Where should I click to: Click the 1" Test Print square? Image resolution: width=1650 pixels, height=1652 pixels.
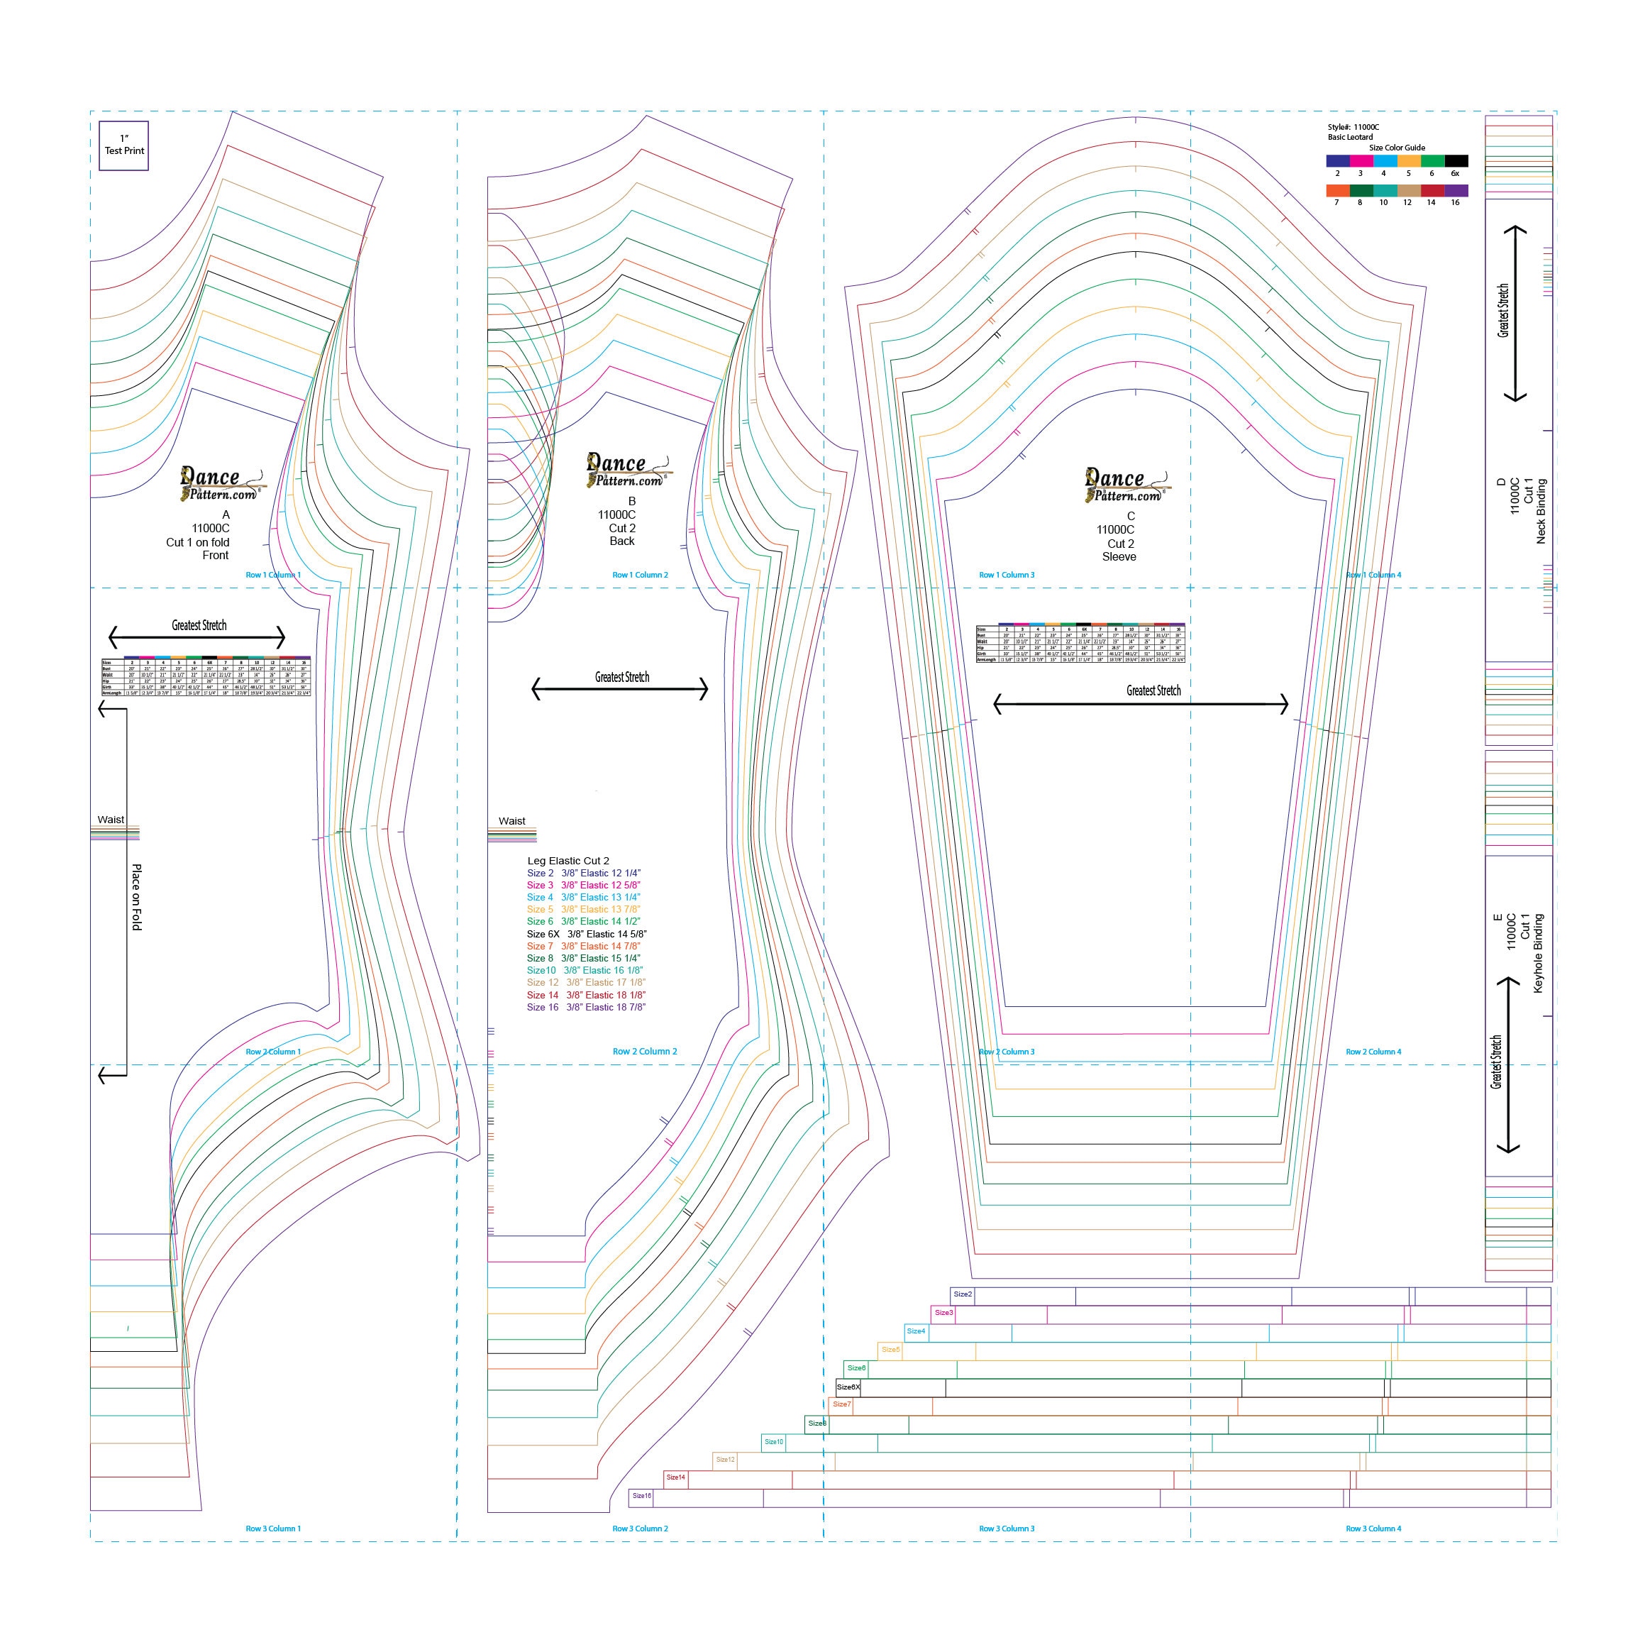(x=124, y=145)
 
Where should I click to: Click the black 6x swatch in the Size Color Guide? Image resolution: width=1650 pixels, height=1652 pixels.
(x=1456, y=161)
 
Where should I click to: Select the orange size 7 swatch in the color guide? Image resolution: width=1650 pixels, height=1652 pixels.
(x=1338, y=191)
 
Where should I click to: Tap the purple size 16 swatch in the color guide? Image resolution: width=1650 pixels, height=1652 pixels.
(x=1456, y=191)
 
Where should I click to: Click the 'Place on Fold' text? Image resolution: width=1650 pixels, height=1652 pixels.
(x=137, y=897)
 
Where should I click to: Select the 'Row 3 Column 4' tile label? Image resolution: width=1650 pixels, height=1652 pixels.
(x=1373, y=1528)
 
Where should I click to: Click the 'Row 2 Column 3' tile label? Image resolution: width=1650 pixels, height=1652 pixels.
(x=1006, y=1052)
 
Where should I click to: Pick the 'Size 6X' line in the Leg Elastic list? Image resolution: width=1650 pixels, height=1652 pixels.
(x=587, y=934)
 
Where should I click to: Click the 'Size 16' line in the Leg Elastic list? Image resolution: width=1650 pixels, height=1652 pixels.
(x=586, y=1007)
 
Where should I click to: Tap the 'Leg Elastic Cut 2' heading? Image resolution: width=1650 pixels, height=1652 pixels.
(x=567, y=860)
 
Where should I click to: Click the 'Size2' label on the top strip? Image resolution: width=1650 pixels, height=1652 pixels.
(x=963, y=1294)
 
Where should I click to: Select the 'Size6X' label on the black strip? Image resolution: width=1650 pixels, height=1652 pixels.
(x=848, y=1387)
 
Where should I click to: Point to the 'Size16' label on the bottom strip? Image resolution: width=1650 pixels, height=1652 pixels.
(x=641, y=1495)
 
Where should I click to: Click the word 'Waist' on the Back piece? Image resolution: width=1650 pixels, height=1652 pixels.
(x=512, y=821)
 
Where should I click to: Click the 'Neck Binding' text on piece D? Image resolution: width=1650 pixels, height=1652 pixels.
(x=1541, y=512)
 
